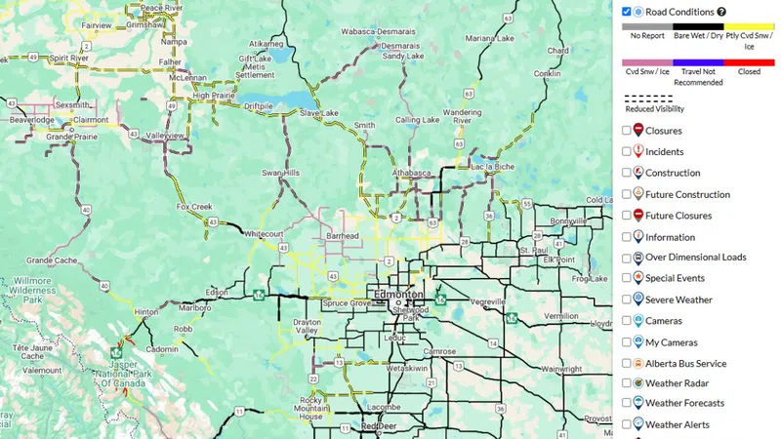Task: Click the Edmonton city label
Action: pos(395,294)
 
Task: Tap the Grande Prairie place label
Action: pos(74,138)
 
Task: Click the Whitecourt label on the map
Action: pos(264,234)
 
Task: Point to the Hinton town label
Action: pos(145,312)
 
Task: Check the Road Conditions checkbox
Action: pos(627,12)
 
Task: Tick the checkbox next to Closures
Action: pos(627,131)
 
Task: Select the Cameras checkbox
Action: pos(627,321)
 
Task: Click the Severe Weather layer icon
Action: pos(637,299)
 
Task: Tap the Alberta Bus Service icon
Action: pos(637,363)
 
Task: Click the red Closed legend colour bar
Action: pos(750,63)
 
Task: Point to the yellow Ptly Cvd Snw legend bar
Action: pos(750,27)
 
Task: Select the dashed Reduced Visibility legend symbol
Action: pos(648,99)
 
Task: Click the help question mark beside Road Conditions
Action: pos(721,12)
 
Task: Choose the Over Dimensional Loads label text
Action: pos(695,258)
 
